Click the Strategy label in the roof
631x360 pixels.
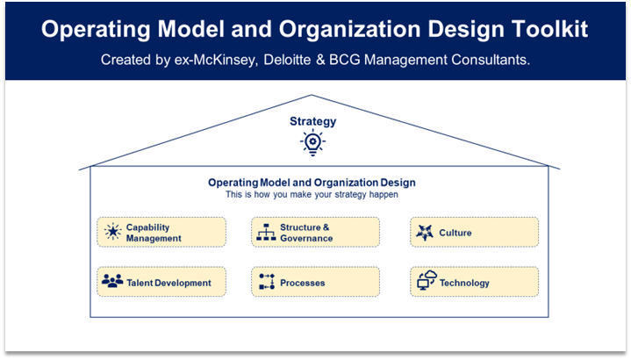point(312,121)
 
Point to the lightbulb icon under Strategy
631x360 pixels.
point(312,142)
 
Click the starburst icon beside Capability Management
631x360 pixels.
point(112,232)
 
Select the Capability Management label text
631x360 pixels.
point(154,233)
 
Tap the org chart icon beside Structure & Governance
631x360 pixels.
point(266,233)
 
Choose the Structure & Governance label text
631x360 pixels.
point(306,233)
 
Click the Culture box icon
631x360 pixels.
point(425,233)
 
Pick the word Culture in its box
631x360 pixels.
point(455,233)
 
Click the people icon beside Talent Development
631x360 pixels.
point(112,281)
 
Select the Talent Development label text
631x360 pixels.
point(169,283)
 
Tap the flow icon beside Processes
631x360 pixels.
point(267,282)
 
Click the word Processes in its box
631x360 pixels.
point(302,283)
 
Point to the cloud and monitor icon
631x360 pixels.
point(427,280)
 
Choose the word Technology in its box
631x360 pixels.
point(464,283)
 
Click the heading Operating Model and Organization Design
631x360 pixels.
point(312,183)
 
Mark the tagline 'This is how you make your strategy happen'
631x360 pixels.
point(312,195)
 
